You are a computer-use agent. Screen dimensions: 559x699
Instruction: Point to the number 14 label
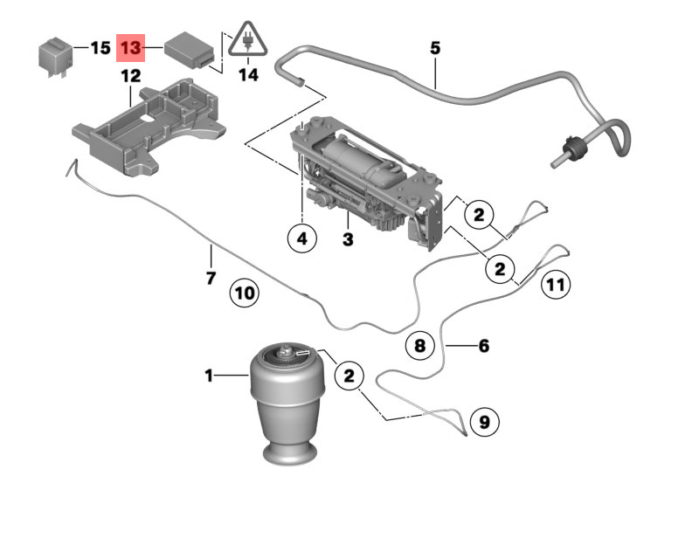click(249, 75)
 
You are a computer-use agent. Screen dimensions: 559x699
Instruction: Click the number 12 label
click(130, 76)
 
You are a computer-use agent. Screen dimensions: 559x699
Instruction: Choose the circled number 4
click(301, 238)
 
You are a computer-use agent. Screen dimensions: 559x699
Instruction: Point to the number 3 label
click(348, 238)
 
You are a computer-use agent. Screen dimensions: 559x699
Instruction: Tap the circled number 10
click(245, 293)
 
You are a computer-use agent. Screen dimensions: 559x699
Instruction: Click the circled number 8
click(419, 346)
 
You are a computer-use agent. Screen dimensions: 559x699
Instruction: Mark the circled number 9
click(484, 423)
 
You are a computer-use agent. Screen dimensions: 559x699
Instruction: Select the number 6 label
click(483, 346)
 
